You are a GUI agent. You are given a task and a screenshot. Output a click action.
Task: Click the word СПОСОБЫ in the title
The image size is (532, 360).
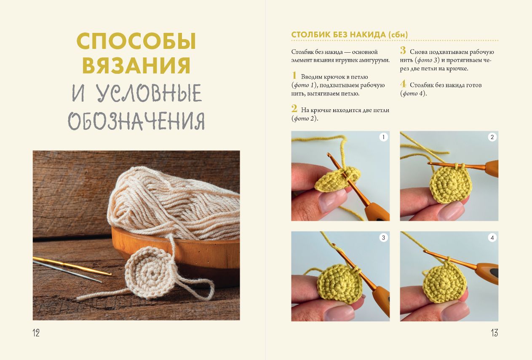coord(136,41)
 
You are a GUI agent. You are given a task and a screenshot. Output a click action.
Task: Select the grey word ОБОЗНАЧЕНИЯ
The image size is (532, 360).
coord(136,121)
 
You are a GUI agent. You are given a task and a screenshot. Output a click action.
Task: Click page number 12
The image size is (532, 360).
coord(36,333)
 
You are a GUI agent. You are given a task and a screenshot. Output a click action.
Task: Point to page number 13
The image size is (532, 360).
coord(495,333)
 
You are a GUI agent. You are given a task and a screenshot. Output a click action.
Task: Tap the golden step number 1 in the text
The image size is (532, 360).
coord(294,75)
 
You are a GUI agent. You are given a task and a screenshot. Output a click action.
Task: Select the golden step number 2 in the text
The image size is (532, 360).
coord(294,109)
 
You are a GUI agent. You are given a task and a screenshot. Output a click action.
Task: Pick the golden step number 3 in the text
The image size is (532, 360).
coord(403,51)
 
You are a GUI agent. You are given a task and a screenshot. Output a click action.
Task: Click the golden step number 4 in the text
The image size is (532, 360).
coord(403,84)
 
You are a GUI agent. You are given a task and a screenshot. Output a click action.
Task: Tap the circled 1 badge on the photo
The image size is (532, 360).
coord(384,137)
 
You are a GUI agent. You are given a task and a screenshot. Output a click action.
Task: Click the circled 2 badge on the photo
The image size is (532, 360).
coord(492,137)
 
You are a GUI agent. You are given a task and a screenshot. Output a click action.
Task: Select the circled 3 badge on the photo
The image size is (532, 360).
coord(384,238)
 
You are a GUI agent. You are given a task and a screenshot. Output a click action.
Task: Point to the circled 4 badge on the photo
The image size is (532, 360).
coord(492,238)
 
